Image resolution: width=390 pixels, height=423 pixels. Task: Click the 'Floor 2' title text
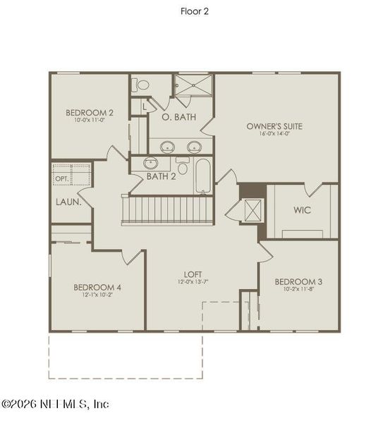(x=195, y=11)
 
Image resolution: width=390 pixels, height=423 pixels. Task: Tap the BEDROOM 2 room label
(x=90, y=113)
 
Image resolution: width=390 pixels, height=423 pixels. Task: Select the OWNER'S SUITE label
(x=274, y=127)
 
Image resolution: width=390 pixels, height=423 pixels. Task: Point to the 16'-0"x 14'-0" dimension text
(x=274, y=135)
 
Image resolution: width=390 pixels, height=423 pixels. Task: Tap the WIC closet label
(x=302, y=210)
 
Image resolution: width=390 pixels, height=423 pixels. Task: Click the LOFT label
(x=193, y=274)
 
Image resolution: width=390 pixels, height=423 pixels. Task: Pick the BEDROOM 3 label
(x=298, y=282)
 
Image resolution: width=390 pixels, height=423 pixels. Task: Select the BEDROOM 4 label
(x=97, y=287)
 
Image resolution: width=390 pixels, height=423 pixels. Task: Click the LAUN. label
(x=68, y=202)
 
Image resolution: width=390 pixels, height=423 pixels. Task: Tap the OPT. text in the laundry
(x=62, y=179)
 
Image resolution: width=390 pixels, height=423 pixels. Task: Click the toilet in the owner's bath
(x=143, y=85)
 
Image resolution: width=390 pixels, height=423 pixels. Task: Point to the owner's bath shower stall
(x=193, y=87)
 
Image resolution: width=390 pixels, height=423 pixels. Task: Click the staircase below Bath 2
(x=168, y=209)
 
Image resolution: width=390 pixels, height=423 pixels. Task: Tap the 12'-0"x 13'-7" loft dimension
(x=193, y=282)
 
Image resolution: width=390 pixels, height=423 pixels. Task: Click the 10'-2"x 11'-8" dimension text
(x=298, y=290)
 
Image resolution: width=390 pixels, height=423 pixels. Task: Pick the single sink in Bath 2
(x=152, y=163)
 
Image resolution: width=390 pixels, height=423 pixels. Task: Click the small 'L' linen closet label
(x=144, y=107)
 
